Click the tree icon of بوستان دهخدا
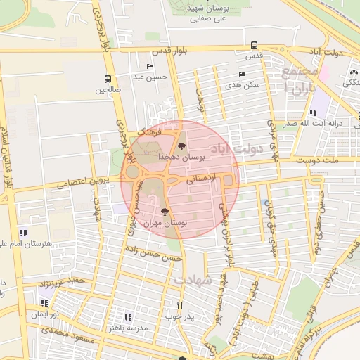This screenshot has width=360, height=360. [182, 146]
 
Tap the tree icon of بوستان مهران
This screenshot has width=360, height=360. [165, 212]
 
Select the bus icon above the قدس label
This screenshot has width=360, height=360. [253, 46]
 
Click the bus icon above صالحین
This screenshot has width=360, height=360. [108, 79]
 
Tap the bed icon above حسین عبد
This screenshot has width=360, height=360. [150, 66]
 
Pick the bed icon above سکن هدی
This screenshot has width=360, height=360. [242, 74]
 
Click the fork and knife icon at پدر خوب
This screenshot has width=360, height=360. [180, 305]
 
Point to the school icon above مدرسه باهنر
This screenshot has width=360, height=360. [127, 317]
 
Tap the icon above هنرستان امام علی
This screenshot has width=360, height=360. [23, 233]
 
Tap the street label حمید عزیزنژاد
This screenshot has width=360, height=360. [62, 284]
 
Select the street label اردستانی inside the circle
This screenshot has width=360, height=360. [202, 179]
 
